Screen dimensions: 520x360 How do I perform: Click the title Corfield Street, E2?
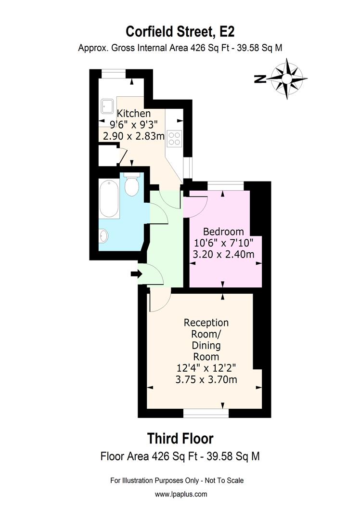[180, 31]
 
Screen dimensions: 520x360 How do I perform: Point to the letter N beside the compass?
[260, 79]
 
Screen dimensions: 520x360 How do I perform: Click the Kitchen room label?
[134, 114]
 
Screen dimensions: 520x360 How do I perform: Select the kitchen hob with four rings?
[174, 138]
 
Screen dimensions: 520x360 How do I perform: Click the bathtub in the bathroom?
[108, 198]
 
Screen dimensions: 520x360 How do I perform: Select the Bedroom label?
[223, 231]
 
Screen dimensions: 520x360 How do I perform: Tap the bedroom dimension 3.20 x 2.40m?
[223, 254]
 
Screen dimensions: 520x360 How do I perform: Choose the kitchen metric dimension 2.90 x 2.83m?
[131, 136]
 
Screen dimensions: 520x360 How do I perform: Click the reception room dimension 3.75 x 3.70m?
[206, 379]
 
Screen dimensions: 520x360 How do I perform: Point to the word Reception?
[206, 322]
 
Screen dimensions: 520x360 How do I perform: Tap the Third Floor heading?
[180, 439]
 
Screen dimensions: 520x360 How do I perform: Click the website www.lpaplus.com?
[181, 494]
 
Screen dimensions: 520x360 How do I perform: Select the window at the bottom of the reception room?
[206, 413]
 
